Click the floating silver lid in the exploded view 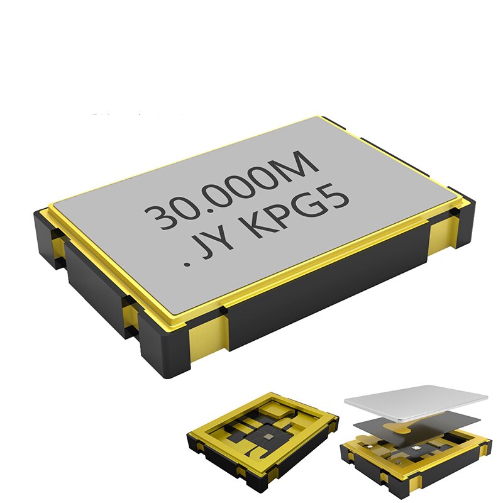[x=415, y=399]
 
